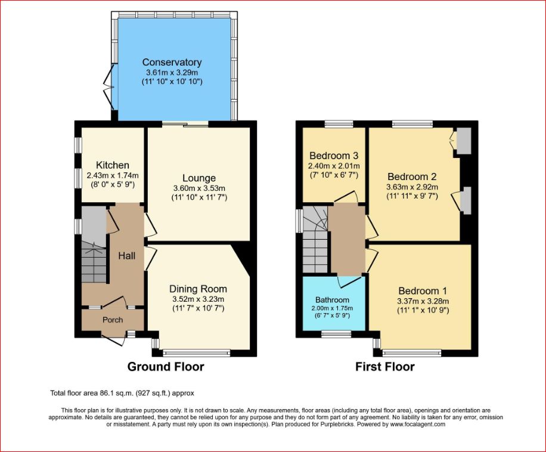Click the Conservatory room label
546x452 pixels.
pos(172,63)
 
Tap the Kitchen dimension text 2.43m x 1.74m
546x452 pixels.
pos(113,175)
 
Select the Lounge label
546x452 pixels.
pos(199,178)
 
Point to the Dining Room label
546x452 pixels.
pos(198,289)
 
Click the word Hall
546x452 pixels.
pos(127,256)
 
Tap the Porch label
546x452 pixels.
pos(113,320)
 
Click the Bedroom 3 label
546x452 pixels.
pos(334,156)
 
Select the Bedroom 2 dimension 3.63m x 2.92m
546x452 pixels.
pos(412,187)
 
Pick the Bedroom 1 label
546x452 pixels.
pos(423,291)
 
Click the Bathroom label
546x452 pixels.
pos(332,300)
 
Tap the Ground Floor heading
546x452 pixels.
pos(166,367)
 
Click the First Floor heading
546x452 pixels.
pos(385,367)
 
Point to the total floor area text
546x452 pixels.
pos(122,393)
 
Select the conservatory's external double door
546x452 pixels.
pos(109,86)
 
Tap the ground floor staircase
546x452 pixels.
pos(94,262)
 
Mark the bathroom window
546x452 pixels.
pos(336,335)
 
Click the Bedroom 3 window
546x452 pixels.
pos(339,123)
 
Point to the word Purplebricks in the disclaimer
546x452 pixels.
pos(337,425)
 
